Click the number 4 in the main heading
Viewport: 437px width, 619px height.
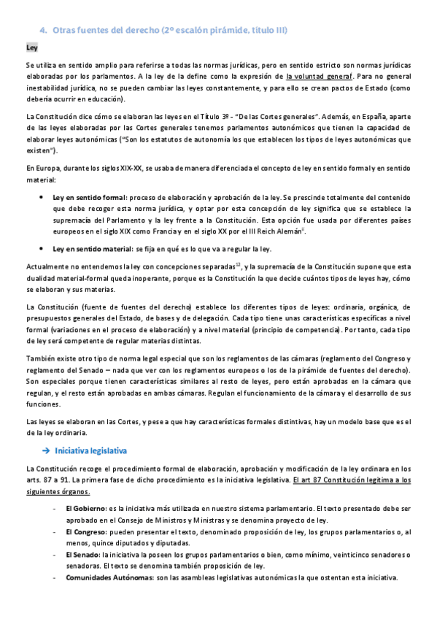(42, 30)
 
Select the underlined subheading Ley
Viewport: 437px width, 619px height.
(31, 47)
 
